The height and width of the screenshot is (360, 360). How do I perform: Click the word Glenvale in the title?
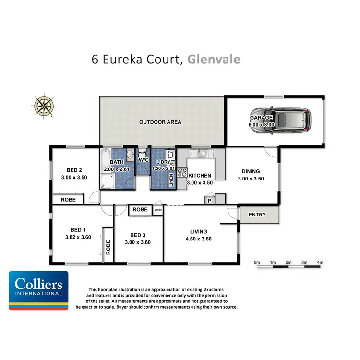(x=214, y=59)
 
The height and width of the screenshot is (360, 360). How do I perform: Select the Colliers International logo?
(x=38, y=290)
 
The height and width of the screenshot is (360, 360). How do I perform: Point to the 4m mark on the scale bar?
(x=320, y=263)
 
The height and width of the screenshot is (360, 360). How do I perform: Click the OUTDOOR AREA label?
(x=160, y=122)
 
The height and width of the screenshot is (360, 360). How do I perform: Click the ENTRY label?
(x=257, y=215)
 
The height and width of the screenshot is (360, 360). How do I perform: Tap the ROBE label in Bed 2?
(x=68, y=199)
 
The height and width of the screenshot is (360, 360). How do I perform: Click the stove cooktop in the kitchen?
(x=182, y=172)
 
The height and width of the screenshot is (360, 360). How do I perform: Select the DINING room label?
(x=251, y=171)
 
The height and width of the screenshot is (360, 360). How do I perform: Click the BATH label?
(x=117, y=163)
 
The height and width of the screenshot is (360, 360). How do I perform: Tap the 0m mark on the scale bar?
(x=257, y=263)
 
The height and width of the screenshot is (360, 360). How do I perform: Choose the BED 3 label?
(x=138, y=235)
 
